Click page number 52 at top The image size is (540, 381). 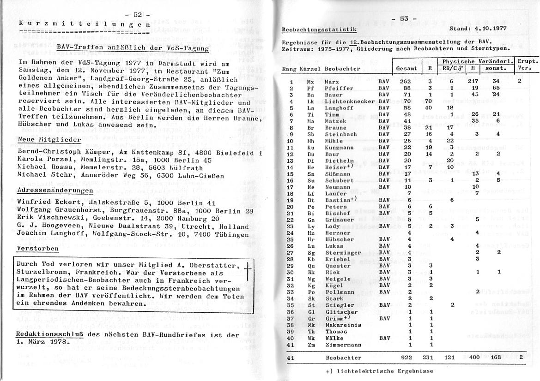click(138, 15)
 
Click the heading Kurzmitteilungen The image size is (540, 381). click(84, 24)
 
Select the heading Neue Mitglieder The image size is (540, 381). click(49, 139)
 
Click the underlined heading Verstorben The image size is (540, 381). click(37, 249)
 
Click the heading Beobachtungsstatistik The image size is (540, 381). click(319, 30)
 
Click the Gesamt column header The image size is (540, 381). click(407, 68)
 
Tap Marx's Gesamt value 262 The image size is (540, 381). click(407, 81)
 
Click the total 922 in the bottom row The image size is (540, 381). click(407, 357)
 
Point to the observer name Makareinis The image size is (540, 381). click(343, 325)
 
